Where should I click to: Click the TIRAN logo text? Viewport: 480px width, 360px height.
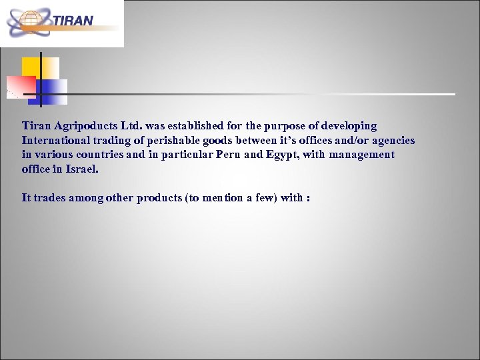(73, 20)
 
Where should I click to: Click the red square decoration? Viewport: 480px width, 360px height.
(21, 86)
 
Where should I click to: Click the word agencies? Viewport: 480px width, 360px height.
(390, 141)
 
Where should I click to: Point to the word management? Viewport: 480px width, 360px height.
(361, 155)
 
